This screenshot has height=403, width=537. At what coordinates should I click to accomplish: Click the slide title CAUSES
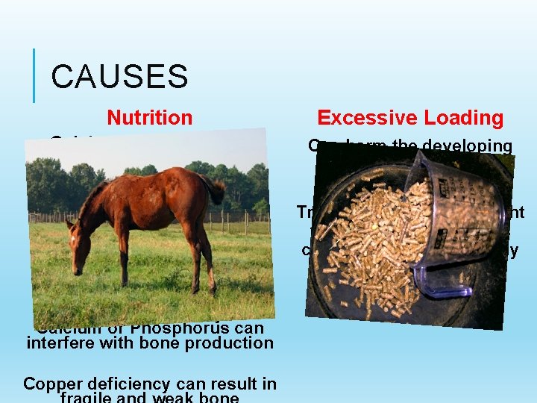point(119,76)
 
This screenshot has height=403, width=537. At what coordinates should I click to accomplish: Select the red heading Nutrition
point(149,118)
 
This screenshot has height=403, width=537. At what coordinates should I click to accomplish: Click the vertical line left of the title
point(34,75)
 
